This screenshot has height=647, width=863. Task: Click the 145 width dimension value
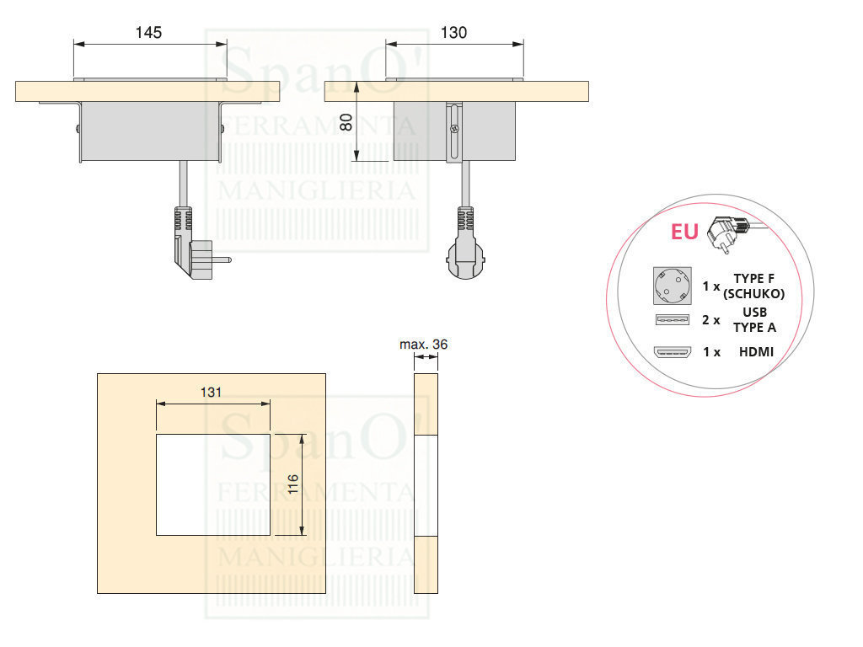(x=148, y=33)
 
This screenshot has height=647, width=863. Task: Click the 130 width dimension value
(x=453, y=33)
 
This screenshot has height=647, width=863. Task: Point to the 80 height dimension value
(x=346, y=121)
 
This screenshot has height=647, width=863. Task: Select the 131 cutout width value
(x=212, y=392)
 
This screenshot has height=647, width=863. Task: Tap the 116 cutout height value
(x=292, y=484)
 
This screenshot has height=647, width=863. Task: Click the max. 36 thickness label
(x=424, y=344)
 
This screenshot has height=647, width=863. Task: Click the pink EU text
(x=684, y=231)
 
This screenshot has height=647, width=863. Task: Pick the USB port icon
(x=671, y=320)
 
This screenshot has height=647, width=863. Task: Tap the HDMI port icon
(x=671, y=352)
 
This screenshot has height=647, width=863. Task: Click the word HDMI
(x=755, y=352)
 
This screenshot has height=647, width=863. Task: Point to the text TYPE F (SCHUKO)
(x=753, y=286)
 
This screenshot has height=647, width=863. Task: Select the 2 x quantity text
(x=711, y=320)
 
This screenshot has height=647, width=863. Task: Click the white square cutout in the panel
(x=213, y=484)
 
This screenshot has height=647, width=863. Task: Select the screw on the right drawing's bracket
(x=454, y=130)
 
